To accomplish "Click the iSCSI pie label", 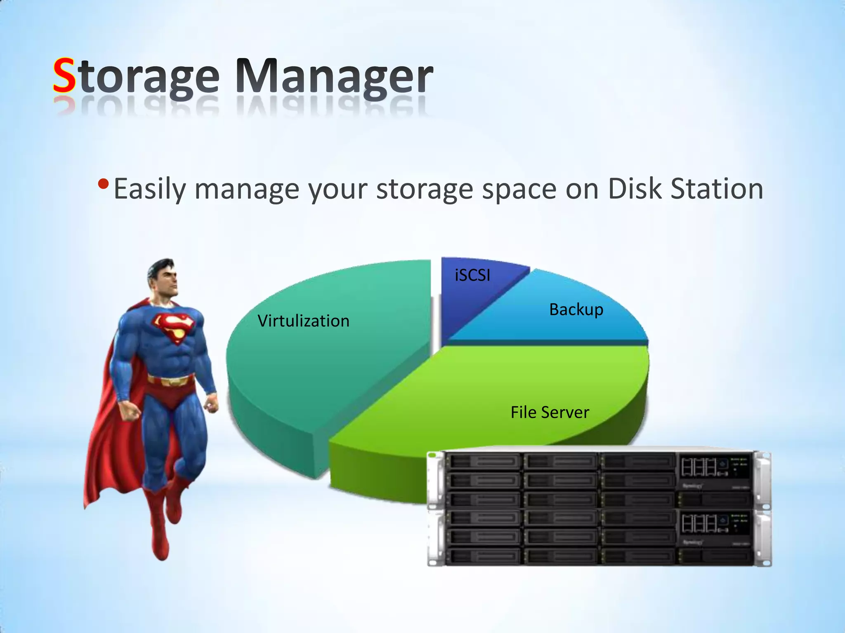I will click(472, 275).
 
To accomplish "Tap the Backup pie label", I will click(576, 309).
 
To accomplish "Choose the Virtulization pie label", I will click(303, 321).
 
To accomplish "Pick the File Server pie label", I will click(550, 412).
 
